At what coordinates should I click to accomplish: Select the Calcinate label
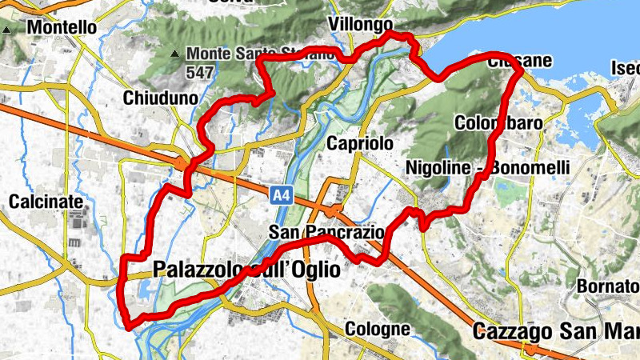[x=42, y=202]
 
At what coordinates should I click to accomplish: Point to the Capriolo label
[x=361, y=143]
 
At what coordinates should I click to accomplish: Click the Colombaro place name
[x=498, y=123]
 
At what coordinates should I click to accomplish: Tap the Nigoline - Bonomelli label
[x=487, y=167]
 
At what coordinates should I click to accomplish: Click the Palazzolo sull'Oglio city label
[x=246, y=270]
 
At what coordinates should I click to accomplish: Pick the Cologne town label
[x=378, y=329]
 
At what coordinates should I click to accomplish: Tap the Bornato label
[x=607, y=286]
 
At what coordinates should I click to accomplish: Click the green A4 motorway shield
[x=279, y=194]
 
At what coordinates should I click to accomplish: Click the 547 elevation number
[x=201, y=71]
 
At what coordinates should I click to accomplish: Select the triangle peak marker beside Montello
[x=6, y=30]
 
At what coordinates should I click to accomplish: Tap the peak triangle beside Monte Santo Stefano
[x=175, y=54]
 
